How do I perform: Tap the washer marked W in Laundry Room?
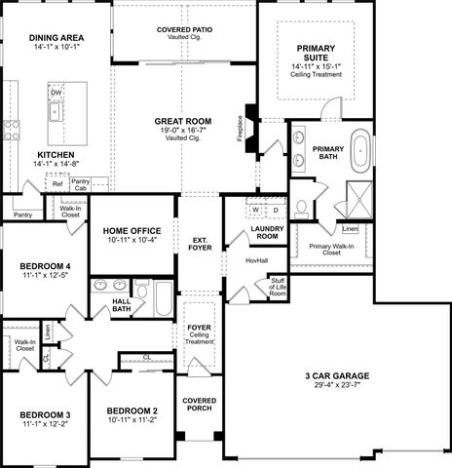[255, 210]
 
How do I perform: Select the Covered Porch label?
[199, 407]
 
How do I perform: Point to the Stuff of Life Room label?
[278, 287]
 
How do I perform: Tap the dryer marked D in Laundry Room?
[275, 210]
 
